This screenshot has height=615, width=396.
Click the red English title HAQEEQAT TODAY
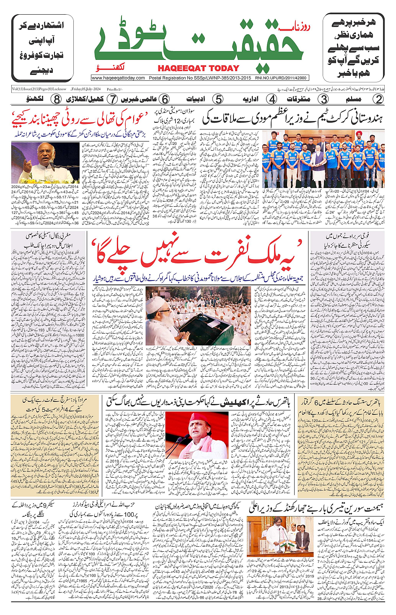(x=198, y=68)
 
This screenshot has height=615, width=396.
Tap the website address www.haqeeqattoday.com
(x=118, y=78)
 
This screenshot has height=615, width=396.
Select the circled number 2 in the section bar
(x=378, y=99)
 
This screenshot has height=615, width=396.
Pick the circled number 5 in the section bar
(x=218, y=99)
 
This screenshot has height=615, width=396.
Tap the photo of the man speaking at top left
(x=45, y=162)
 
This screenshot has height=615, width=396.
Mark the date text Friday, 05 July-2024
(x=86, y=89)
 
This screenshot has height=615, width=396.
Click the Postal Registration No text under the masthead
(x=200, y=78)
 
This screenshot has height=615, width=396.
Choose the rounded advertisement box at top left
(x=42, y=48)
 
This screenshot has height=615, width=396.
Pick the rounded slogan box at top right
(x=353, y=48)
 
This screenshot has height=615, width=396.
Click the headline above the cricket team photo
(x=293, y=119)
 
